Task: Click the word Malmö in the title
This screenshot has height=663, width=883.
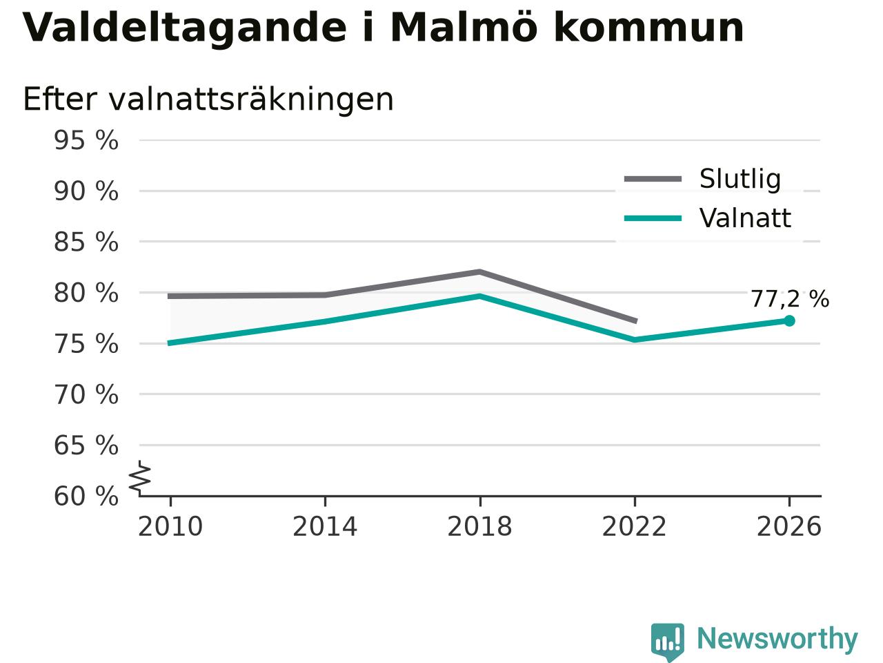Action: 464,28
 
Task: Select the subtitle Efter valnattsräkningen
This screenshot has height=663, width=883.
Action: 208,99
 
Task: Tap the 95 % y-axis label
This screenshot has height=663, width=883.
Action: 86,140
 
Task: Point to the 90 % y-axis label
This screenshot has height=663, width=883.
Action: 86,191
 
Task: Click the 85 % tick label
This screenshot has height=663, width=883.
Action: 86,242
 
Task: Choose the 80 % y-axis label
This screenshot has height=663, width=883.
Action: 86,293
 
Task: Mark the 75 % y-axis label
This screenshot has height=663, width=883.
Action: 86,344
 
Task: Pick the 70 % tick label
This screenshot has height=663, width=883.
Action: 86,394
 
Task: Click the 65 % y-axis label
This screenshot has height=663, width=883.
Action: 86,445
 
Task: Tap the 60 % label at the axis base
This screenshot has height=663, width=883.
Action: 86,496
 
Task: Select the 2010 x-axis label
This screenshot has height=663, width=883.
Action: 170,526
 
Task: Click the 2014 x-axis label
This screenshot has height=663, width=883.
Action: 325,526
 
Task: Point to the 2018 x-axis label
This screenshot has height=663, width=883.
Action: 479,526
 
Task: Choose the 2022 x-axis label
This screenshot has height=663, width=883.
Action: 635,526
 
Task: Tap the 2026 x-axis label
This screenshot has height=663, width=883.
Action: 789,526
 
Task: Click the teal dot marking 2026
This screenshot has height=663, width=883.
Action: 789,321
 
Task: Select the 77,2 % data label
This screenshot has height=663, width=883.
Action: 790,299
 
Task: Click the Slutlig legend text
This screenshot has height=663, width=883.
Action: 740,179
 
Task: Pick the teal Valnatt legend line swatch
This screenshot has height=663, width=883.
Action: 653,219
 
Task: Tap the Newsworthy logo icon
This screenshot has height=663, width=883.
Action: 668,641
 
